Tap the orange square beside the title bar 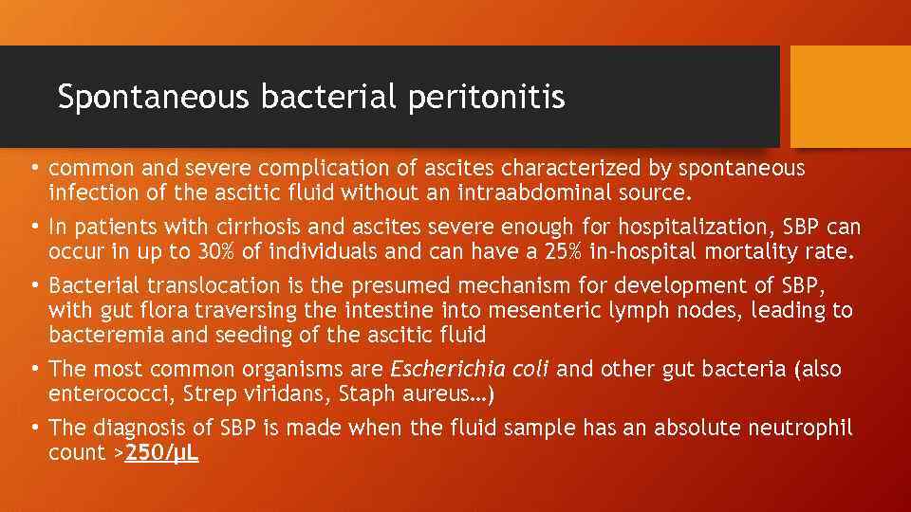coord(849,97)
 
